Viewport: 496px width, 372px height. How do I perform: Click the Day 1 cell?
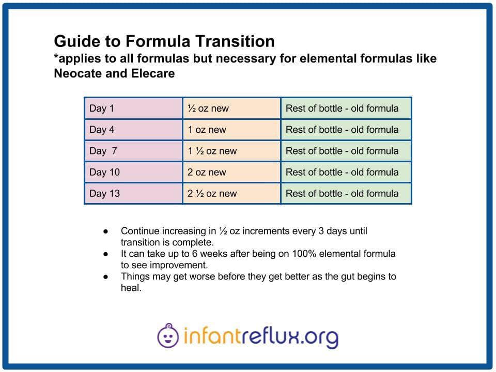[133, 108]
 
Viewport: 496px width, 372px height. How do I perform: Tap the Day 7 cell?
[133, 151]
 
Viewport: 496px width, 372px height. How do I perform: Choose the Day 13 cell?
[133, 193]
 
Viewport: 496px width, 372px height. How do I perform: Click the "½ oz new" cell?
[231, 108]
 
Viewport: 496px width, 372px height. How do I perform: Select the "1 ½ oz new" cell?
[231, 151]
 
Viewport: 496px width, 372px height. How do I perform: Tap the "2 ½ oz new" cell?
[231, 193]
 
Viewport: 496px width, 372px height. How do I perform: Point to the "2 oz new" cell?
[231, 172]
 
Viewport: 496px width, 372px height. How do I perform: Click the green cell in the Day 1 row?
[346, 108]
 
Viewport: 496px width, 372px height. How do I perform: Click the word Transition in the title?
[235, 41]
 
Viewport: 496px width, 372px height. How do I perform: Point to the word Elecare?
[153, 73]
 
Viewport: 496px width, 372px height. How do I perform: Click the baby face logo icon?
[167, 336]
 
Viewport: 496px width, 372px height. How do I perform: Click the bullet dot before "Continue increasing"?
[105, 231]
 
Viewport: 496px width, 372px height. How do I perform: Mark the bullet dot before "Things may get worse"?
[105, 277]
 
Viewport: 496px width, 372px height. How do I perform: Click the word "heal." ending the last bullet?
[131, 288]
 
